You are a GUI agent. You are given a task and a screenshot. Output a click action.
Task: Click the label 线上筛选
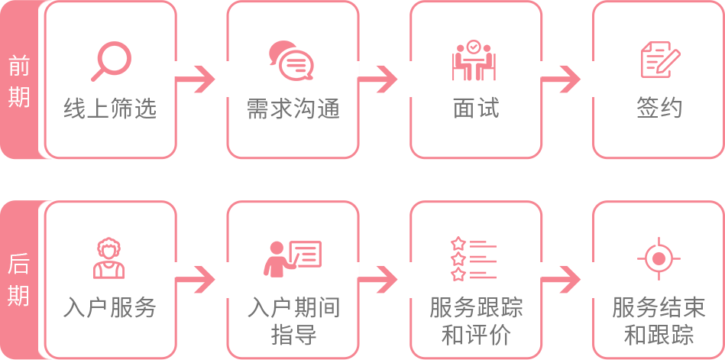coord(110,109)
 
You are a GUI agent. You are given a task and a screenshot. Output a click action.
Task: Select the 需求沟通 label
coord(293,109)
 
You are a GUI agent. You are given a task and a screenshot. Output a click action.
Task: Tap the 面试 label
coord(476,109)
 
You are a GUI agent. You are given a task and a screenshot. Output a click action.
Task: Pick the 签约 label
coord(659,109)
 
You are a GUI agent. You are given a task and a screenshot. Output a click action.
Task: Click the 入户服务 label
coord(110,308)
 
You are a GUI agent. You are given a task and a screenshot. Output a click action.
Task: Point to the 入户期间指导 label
coord(293,321)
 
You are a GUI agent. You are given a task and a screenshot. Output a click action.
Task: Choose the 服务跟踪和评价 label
coord(476,321)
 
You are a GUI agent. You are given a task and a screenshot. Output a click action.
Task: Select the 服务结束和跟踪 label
coord(659,321)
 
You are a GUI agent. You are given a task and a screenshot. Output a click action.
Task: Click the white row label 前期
coord(19,82)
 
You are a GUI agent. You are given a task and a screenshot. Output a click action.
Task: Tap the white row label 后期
coord(19,279)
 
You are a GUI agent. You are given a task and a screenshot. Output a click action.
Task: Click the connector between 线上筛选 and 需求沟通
coord(197,79)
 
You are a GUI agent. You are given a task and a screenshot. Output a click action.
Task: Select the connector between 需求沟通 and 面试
coord(380,79)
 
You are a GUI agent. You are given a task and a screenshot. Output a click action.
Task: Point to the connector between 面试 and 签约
coord(563,79)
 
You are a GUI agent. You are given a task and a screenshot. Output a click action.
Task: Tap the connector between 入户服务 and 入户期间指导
coord(197,279)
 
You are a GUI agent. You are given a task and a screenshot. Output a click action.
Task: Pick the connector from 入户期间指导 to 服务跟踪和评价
coord(380,279)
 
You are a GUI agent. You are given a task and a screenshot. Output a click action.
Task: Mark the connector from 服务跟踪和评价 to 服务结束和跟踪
coord(563,279)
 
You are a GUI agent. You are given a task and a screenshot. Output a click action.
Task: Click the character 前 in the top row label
coord(19,66)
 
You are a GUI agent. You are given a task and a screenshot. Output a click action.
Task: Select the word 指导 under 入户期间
coord(293,335)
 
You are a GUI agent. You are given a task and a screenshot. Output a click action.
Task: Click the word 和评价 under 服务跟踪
coord(476,335)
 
